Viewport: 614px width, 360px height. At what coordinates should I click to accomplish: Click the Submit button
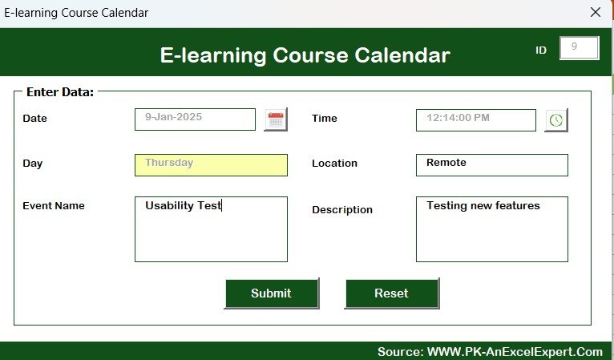pyautogui.click(x=272, y=293)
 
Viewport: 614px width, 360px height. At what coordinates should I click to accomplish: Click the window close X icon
pyautogui.click(x=596, y=12)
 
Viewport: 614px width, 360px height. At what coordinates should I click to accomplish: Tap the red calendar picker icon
pyautogui.click(x=276, y=119)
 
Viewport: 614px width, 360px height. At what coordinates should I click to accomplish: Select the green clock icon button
pyautogui.click(x=556, y=120)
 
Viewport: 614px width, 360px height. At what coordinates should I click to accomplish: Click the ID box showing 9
pyautogui.click(x=580, y=48)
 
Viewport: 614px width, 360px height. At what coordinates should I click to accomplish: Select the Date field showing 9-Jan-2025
pyautogui.click(x=195, y=119)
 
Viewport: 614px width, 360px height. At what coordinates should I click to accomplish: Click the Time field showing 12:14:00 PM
pyautogui.click(x=476, y=120)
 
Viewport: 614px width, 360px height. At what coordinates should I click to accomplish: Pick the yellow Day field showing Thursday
pyautogui.click(x=211, y=165)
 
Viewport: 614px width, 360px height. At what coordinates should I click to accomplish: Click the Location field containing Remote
pyautogui.click(x=492, y=165)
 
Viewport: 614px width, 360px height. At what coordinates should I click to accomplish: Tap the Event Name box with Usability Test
pyautogui.click(x=211, y=229)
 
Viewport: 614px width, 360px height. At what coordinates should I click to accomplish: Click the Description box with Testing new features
pyautogui.click(x=492, y=229)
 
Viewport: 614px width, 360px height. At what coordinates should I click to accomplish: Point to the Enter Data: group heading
pyautogui.click(x=60, y=92)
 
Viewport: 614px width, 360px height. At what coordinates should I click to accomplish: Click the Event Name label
pyautogui.click(x=54, y=206)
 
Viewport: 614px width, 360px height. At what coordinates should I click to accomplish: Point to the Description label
pyautogui.click(x=342, y=210)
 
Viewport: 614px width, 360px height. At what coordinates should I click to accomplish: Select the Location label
pyautogui.click(x=334, y=163)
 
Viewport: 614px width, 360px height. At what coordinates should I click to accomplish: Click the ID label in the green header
pyautogui.click(x=541, y=51)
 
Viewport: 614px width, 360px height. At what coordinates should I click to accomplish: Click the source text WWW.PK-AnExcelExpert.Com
pyautogui.click(x=515, y=352)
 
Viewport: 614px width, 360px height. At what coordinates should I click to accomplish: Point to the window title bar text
pyautogui.click(x=76, y=13)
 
